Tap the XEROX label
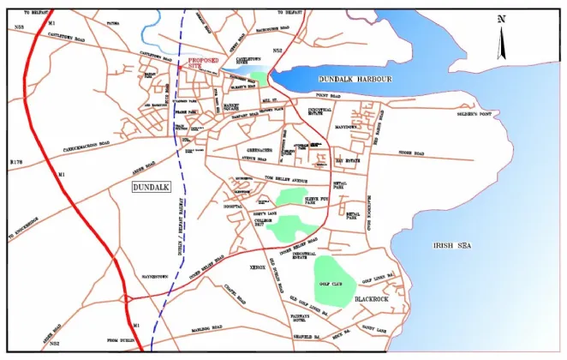click(258, 268)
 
